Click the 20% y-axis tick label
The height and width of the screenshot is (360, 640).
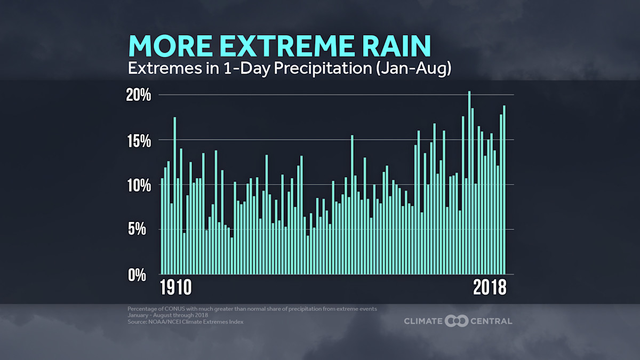pyautogui.click(x=139, y=95)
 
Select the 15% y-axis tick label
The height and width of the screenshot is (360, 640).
pyautogui.click(x=139, y=141)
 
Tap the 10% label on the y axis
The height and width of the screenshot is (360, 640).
pyautogui.click(x=139, y=186)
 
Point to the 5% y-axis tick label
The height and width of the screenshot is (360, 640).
pyautogui.click(x=142, y=230)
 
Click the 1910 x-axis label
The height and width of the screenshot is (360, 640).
pyautogui.click(x=176, y=288)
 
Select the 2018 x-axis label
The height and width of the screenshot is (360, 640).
pyautogui.click(x=490, y=288)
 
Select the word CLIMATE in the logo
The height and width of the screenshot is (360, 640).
pyautogui.click(x=423, y=321)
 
